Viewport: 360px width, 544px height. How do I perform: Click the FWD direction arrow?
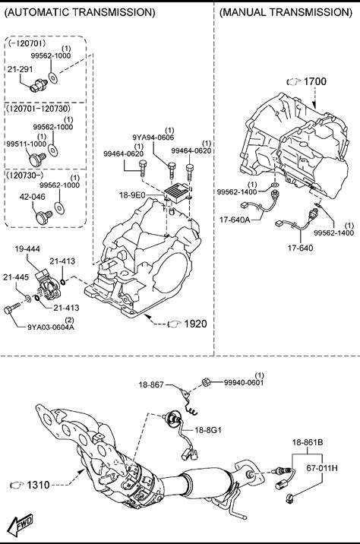[x=21, y=524]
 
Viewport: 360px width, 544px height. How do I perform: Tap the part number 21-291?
[x=20, y=69]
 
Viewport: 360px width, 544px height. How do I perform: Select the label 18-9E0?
[x=132, y=195]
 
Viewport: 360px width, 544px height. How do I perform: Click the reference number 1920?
[x=195, y=324]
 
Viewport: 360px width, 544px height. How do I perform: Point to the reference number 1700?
[x=315, y=81]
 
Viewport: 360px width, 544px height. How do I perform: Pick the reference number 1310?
[x=38, y=485]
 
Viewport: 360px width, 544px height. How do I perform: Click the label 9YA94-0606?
[x=153, y=138]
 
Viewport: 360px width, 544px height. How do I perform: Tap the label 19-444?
[x=27, y=248]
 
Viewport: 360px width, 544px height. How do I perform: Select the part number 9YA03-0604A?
[x=51, y=327]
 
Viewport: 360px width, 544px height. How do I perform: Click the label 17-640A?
[x=235, y=220]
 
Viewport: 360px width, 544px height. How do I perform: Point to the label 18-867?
[x=151, y=384]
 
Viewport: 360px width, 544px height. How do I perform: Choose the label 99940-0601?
[x=244, y=382]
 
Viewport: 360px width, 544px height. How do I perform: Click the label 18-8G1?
[x=208, y=430]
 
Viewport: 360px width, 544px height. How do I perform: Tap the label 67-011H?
[x=322, y=468]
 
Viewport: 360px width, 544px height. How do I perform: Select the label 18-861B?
[x=308, y=442]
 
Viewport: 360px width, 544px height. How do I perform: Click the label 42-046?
[x=32, y=197]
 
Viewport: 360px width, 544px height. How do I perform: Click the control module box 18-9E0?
[x=178, y=193]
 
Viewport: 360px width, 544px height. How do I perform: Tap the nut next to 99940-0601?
[x=205, y=382]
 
